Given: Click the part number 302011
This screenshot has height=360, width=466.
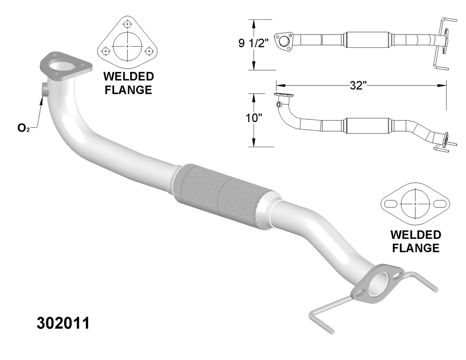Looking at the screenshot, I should (x=63, y=323).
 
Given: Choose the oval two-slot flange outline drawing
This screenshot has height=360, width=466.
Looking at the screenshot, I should (x=415, y=204).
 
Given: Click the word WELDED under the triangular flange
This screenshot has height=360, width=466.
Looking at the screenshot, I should (x=128, y=77).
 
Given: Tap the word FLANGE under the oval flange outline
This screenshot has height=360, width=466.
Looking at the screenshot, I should (x=416, y=248).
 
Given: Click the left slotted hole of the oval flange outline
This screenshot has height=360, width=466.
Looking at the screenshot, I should (x=389, y=204).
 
